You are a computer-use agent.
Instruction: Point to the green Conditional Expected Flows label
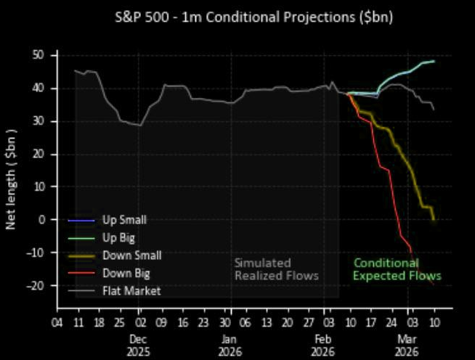[397, 269]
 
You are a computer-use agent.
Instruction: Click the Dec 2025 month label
[139, 345]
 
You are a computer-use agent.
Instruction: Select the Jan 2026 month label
[228, 345]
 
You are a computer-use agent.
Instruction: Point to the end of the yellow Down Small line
[434, 219]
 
